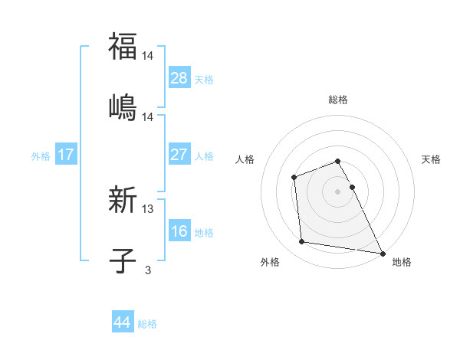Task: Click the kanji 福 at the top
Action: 123,47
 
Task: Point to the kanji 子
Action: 123,260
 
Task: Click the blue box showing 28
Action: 179,78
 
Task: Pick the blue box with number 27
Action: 179,155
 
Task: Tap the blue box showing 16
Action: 179,231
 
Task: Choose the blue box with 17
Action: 66,155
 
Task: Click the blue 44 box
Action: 123,322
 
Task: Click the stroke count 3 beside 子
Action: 148,269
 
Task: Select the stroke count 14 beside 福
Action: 149,55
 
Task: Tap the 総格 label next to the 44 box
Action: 147,324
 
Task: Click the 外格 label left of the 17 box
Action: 41,155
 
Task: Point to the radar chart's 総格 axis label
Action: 338,100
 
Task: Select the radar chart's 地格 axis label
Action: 402,262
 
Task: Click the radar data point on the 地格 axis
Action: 383,253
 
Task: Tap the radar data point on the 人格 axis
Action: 294,178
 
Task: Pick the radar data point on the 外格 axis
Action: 302,242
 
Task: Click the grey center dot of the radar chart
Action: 338,191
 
